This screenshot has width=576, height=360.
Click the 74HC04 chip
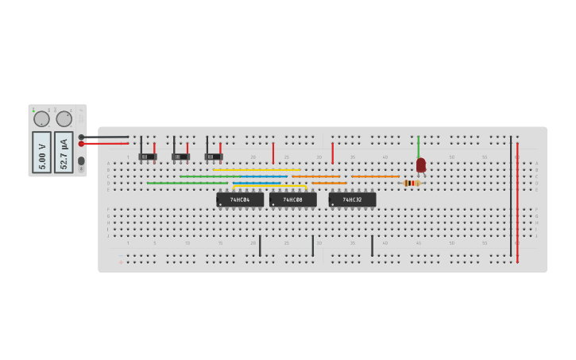tap(240, 199)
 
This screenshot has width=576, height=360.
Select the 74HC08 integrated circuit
tap(292, 199)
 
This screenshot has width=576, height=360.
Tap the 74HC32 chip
tap(352, 199)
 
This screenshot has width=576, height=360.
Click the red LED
tap(421, 165)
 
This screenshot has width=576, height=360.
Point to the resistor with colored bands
tap(412, 183)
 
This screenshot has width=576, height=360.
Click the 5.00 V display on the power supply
tap(41, 152)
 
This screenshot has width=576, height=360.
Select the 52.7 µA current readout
tap(64, 152)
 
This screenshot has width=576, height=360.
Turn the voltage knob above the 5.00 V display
tap(41, 119)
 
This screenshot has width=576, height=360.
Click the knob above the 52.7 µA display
tap(64, 119)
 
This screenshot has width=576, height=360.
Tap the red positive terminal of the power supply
tap(81, 144)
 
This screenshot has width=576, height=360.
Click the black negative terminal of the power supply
tap(81, 137)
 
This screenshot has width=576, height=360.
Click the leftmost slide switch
tap(148, 157)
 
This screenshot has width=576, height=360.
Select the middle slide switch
tap(180, 157)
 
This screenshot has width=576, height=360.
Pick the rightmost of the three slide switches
tap(213, 157)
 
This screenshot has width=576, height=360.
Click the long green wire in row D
tap(187, 183)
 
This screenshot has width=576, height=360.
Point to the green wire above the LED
tap(418, 146)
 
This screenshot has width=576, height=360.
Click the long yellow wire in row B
tap(256, 169)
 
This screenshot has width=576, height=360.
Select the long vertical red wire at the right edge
tap(517, 203)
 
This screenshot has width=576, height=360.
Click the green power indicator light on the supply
tap(34, 110)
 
